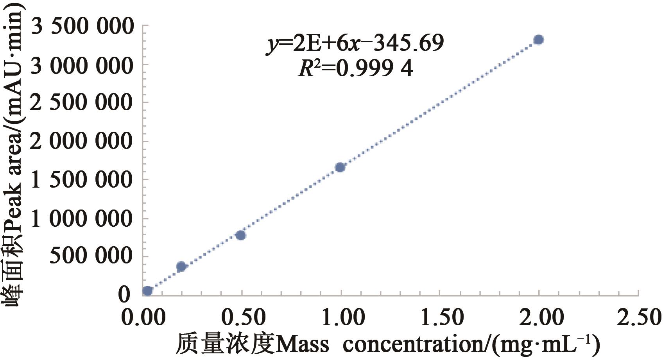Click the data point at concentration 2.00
(x=538, y=39)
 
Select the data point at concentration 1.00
(x=340, y=167)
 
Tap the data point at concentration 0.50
(x=241, y=235)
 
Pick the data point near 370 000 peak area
(x=181, y=267)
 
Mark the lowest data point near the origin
(x=147, y=290)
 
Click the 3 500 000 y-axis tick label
(x=82, y=27)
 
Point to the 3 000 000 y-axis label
(x=82, y=66)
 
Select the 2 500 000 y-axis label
(x=82, y=103)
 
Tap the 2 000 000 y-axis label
(x=82, y=141)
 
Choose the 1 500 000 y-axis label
(x=82, y=180)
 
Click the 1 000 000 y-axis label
(x=82, y=218)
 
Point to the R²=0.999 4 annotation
(x=355, y=69)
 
